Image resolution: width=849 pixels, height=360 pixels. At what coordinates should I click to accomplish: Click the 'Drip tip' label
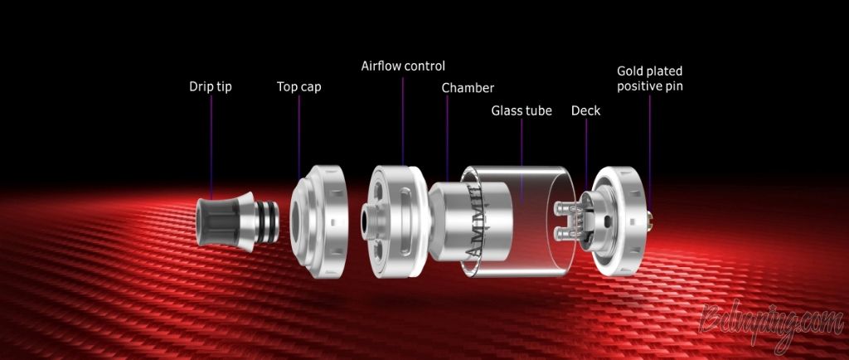pos(210,86)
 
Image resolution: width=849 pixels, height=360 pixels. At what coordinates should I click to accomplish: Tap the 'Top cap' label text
pos(298,86)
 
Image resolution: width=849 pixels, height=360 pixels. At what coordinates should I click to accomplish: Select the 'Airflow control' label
pos(403,66)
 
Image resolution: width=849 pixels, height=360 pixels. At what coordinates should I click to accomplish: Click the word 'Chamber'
pos(468,88)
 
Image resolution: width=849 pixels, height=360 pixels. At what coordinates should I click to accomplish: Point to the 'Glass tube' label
pos(522,110)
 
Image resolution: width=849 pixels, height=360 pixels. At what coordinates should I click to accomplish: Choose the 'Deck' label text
pos(586,110)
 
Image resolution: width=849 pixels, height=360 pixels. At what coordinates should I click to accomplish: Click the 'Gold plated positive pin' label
pos(650,79)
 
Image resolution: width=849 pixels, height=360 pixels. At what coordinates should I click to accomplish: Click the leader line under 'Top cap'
pos(298,138)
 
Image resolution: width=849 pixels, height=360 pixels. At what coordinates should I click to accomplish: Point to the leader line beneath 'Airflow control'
pos(403,121)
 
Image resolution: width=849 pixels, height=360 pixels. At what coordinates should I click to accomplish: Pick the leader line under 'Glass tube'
pos(522,161)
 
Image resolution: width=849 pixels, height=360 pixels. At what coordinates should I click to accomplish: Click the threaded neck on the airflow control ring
pos(367,223)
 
